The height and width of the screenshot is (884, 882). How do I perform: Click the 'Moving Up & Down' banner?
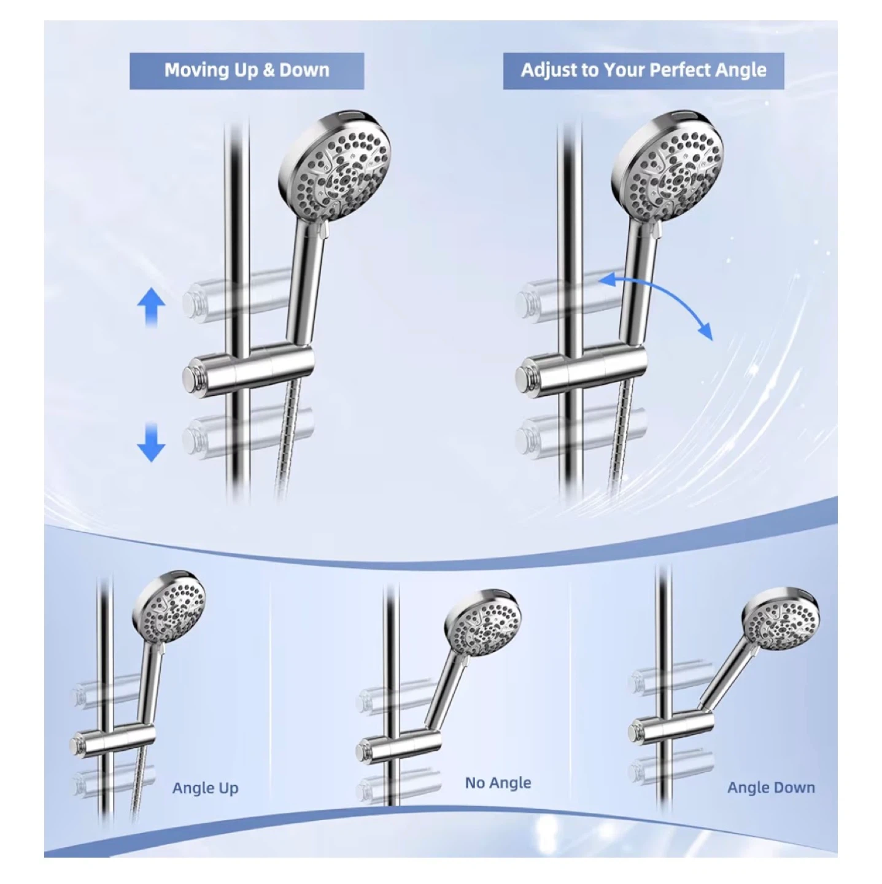(x=246, y=71)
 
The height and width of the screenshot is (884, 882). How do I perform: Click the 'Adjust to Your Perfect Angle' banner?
(x=643, y=71)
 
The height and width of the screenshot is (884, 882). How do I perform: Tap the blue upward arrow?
(x=151, y=308)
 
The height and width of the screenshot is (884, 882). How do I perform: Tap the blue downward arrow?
(x=151, y=442)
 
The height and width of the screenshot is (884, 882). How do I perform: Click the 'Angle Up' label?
(x=205, y=788)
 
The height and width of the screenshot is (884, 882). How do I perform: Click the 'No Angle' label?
(x=498, y=782)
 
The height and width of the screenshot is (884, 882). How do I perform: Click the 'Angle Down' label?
(x=771, y=787)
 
